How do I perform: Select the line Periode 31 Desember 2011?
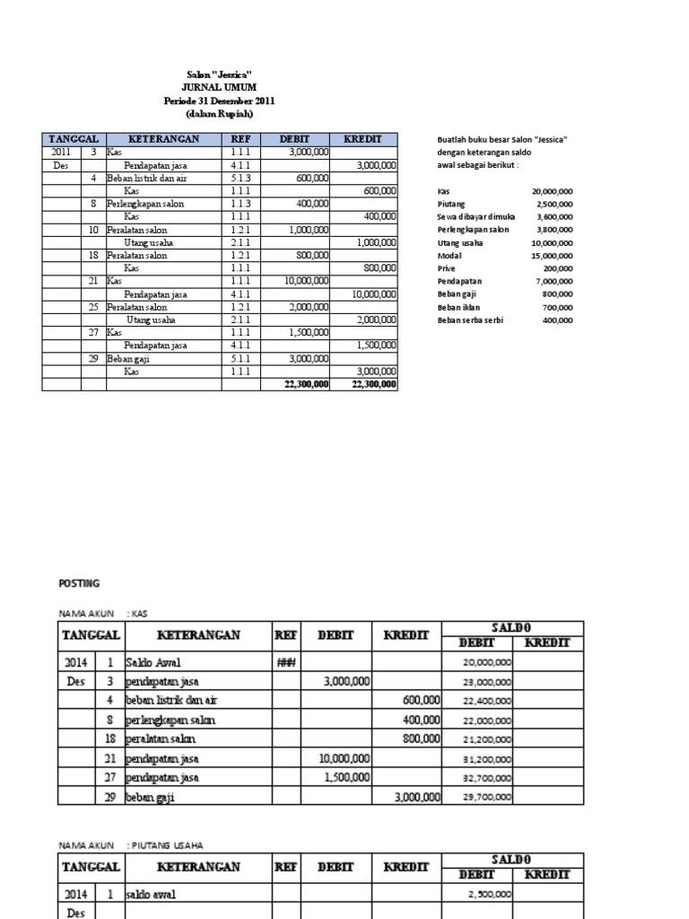tap(219, 101)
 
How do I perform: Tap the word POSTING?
tap(79, 583)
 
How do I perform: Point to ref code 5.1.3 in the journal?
tap(240, 179)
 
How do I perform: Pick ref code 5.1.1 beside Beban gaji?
tap(240, 358)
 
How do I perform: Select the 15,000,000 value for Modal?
tap(554, 256)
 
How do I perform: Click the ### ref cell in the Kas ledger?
tap(287, 661)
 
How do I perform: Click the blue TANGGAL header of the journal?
tap(74, 140)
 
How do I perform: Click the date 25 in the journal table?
tap(93, 307)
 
